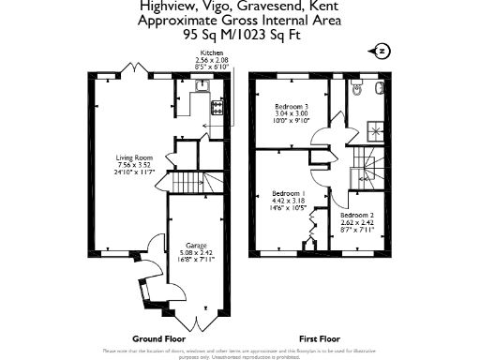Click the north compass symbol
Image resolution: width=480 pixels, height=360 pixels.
click(381, 51)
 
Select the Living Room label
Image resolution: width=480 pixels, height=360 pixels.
click(134, 157)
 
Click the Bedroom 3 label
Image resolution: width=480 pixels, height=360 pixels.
click(291, 107)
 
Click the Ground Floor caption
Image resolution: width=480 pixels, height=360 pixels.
click(157, 337)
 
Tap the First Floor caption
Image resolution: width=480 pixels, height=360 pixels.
click(319, 337)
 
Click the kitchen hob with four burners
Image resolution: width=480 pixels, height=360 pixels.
click(217, 107)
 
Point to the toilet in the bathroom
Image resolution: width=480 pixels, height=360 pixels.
click(377, 90)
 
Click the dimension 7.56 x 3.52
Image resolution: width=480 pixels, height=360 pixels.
click(134, 165)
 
